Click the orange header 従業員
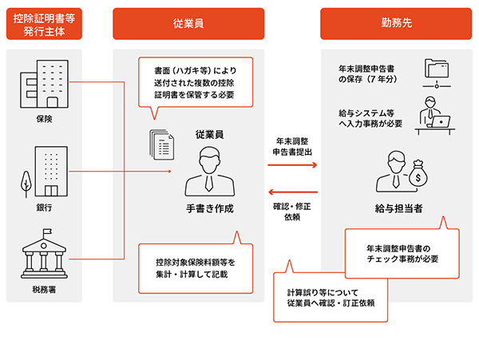coord(188,24)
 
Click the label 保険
coord(44,120)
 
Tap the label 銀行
coord(44,208)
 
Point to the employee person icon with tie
coord(209,170)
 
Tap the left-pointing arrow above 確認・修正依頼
coord(293,192)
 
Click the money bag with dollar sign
coord(415,173)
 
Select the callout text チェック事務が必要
coord(403,259)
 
